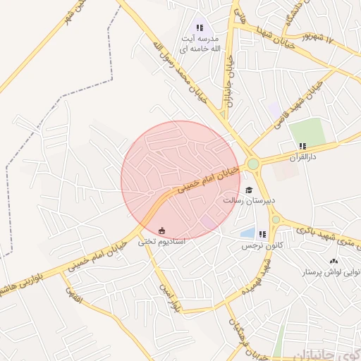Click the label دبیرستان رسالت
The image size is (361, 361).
pos(248,200)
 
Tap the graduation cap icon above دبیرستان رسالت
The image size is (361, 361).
pos(248,190)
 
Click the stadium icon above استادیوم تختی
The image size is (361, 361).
pos(162,231)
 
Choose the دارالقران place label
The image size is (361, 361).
pos(303,157)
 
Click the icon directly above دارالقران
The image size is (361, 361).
pos(302,146)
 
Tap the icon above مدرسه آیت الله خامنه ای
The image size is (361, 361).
pos(200,28)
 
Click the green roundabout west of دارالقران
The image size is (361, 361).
pos(252,164)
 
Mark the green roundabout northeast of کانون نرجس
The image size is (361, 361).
pos(276,219)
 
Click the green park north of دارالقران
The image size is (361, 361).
pos(307,130)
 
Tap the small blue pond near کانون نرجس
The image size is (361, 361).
pos(247,232)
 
